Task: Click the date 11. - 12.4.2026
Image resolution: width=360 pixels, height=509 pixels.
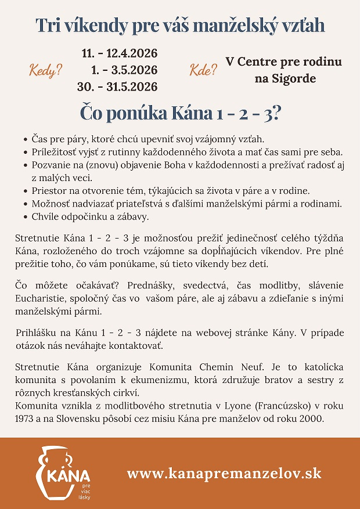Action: [120, 54]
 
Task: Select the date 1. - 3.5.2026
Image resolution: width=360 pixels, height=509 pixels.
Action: [124, 71]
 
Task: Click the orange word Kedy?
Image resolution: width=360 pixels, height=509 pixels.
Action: [46, 72]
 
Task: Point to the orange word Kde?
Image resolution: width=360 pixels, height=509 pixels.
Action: [203, 71]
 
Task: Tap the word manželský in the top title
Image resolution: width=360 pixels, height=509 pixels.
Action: [216, 26]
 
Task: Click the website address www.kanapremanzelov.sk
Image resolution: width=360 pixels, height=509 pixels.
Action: [224, 473]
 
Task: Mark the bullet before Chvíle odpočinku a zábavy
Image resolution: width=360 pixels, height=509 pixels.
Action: [26, 217]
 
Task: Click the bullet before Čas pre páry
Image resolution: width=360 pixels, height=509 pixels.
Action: [26, 140]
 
